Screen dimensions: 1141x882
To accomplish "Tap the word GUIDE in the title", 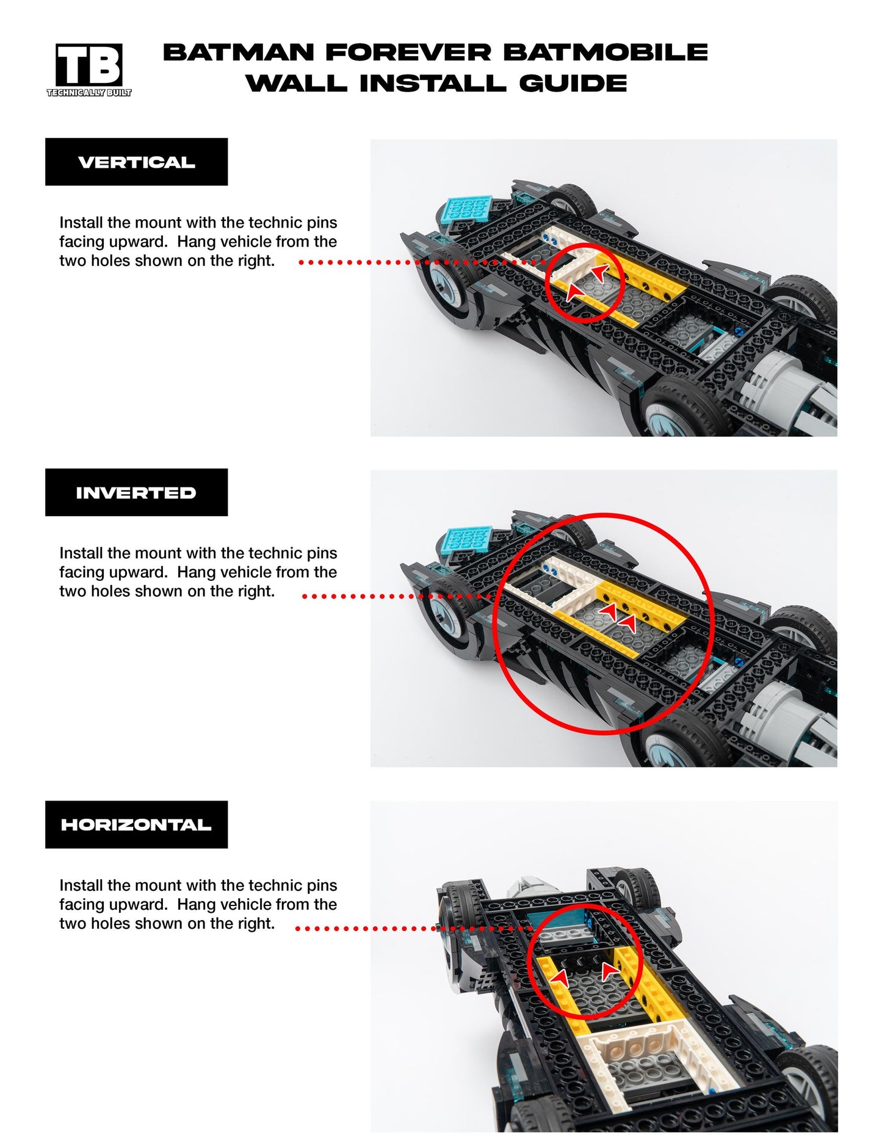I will tap(573, 84).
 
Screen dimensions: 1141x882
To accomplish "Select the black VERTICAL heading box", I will tap(136, 162).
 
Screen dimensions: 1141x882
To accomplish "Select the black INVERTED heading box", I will tap(136, 492).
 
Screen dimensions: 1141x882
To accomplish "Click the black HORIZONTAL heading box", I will tap(136, 824).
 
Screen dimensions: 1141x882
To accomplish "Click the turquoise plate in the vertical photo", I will tap(469, 209).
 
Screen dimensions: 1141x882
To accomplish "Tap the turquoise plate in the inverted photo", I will tap(469, 539).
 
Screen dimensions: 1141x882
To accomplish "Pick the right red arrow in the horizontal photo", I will tap(609, 970).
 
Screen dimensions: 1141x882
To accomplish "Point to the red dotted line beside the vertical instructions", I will tap(421, 262).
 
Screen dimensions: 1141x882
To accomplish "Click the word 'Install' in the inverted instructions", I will tap(81, 553).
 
